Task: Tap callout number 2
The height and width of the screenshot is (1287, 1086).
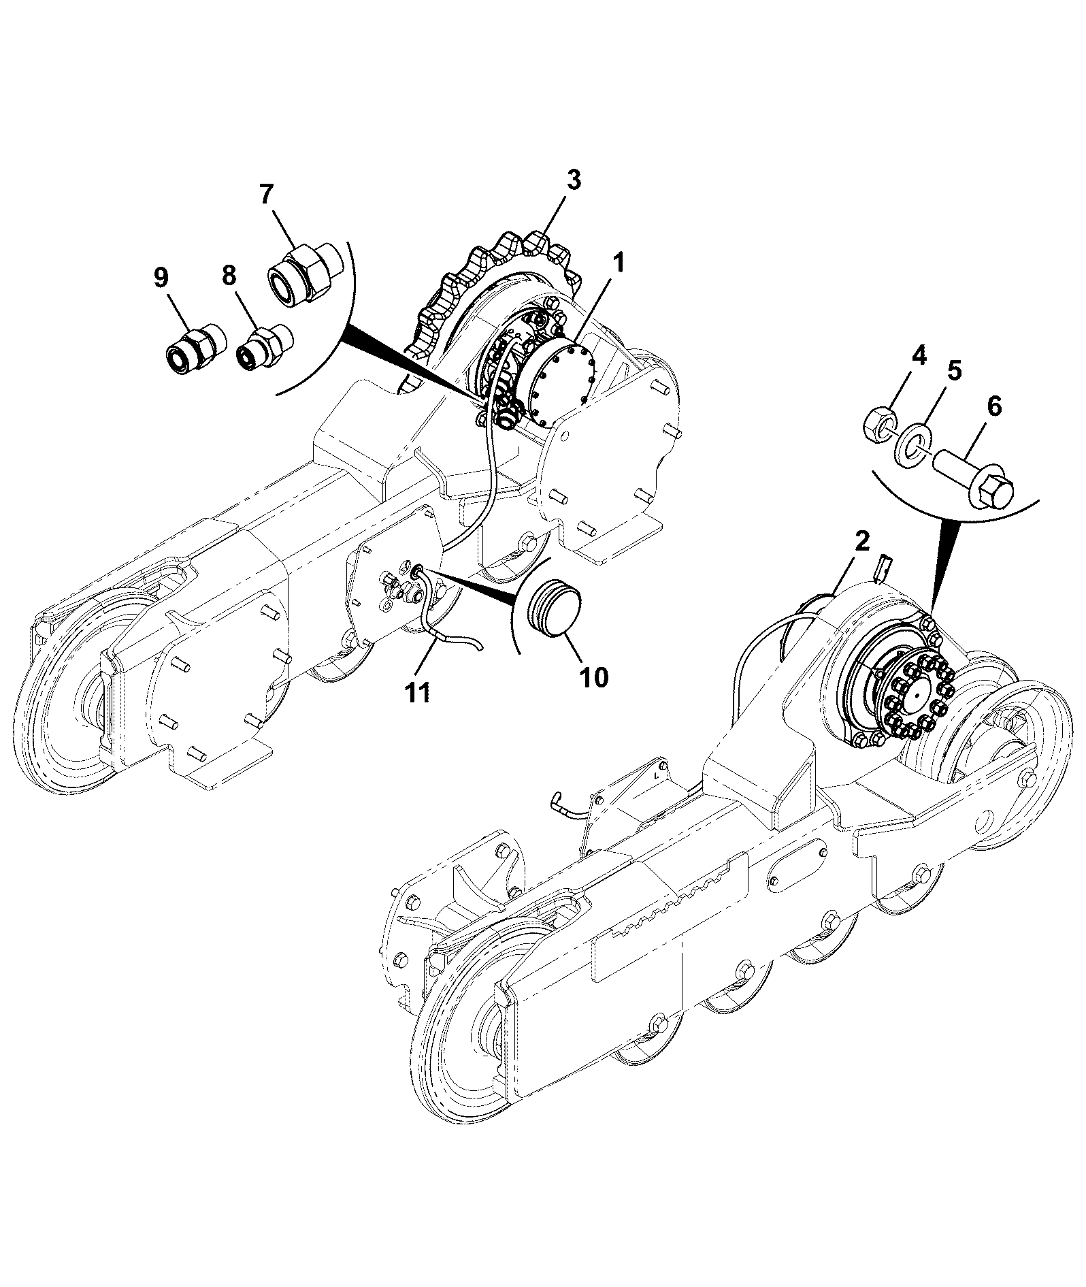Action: coord(861,542)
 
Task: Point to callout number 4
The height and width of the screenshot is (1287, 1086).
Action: coord(919,355)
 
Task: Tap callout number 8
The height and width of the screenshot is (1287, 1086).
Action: coord(229,276)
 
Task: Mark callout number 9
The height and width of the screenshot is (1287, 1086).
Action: coord(161,277)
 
